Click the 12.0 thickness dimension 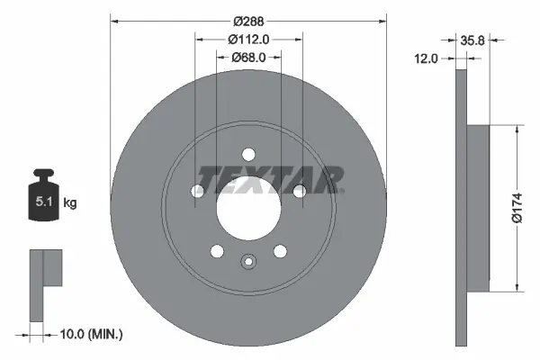tap(427, 58)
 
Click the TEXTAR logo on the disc tap(271, 178)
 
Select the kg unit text tap(69, 203)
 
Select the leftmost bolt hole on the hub tap(196, 190)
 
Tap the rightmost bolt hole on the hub tap(299, 189)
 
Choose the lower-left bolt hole tap(216, 250)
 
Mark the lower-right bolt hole tap(280, 250)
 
